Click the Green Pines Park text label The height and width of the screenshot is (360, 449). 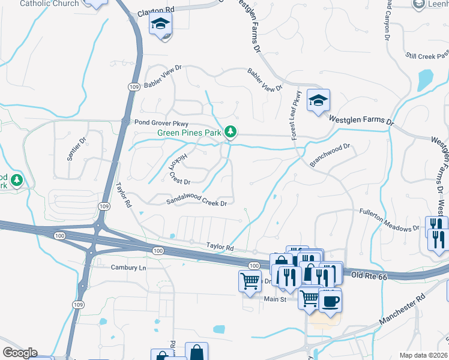click(x=188, y=133)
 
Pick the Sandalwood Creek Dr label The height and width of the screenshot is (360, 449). click(x=196, y=203)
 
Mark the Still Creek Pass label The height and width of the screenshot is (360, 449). click(x=427, y=56)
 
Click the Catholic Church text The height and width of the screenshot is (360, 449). click(x=49, y=4)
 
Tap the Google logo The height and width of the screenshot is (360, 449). click(x=20, y=352)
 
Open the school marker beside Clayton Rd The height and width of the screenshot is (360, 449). click(x=161, y=25)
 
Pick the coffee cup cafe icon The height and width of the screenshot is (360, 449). click(x=330, y=300)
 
